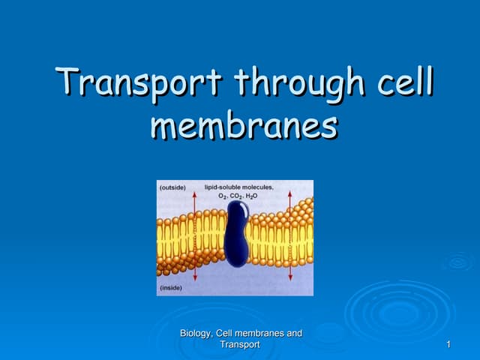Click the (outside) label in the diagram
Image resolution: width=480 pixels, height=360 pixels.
pyautogui.click(x=172, y=187)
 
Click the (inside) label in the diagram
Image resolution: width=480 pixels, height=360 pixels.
pyautogui.click(x=170, y=287)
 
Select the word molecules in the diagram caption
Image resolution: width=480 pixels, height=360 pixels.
pyautogui.click(x=259, y=187)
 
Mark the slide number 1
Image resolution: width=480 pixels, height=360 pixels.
pyautogui.click(x=448, y=344)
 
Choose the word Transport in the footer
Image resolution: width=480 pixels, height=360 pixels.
pyautogui.click(x=240, y=344)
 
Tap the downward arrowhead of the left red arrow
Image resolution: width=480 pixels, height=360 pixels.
pyautogui.click(x=194, y=279)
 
